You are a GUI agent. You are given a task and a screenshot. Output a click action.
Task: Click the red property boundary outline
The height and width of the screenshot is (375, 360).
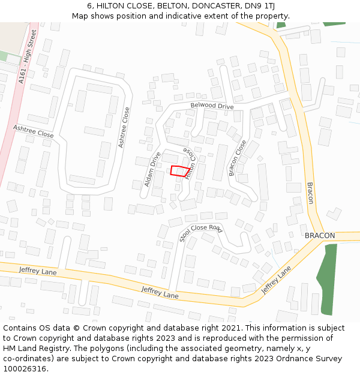178,170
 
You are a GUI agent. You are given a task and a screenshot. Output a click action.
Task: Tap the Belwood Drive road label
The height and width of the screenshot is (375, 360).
212,106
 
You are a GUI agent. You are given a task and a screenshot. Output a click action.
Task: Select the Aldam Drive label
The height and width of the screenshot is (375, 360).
152,169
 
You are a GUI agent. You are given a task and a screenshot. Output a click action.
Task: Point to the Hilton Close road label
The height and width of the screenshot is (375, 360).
190,163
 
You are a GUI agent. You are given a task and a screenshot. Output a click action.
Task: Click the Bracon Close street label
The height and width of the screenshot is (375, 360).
238,158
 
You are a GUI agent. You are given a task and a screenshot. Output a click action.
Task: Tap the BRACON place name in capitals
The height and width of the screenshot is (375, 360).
320,236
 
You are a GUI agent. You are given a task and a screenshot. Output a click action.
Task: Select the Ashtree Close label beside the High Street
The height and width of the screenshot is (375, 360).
33,131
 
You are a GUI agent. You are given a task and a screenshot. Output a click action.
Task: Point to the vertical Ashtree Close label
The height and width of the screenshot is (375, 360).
124,127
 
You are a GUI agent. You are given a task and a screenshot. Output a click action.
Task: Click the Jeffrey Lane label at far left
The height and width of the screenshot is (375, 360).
38,271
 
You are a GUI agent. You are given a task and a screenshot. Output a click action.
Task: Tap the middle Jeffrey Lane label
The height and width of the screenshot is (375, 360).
160,293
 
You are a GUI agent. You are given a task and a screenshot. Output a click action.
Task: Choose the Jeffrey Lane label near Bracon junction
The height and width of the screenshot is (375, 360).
276,280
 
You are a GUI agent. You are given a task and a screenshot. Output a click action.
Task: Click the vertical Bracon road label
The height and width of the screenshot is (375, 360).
310,193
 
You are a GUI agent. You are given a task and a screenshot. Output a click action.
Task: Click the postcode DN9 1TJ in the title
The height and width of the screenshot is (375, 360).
260,6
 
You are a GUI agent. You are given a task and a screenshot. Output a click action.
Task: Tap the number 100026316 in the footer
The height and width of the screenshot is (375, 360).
25,369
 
